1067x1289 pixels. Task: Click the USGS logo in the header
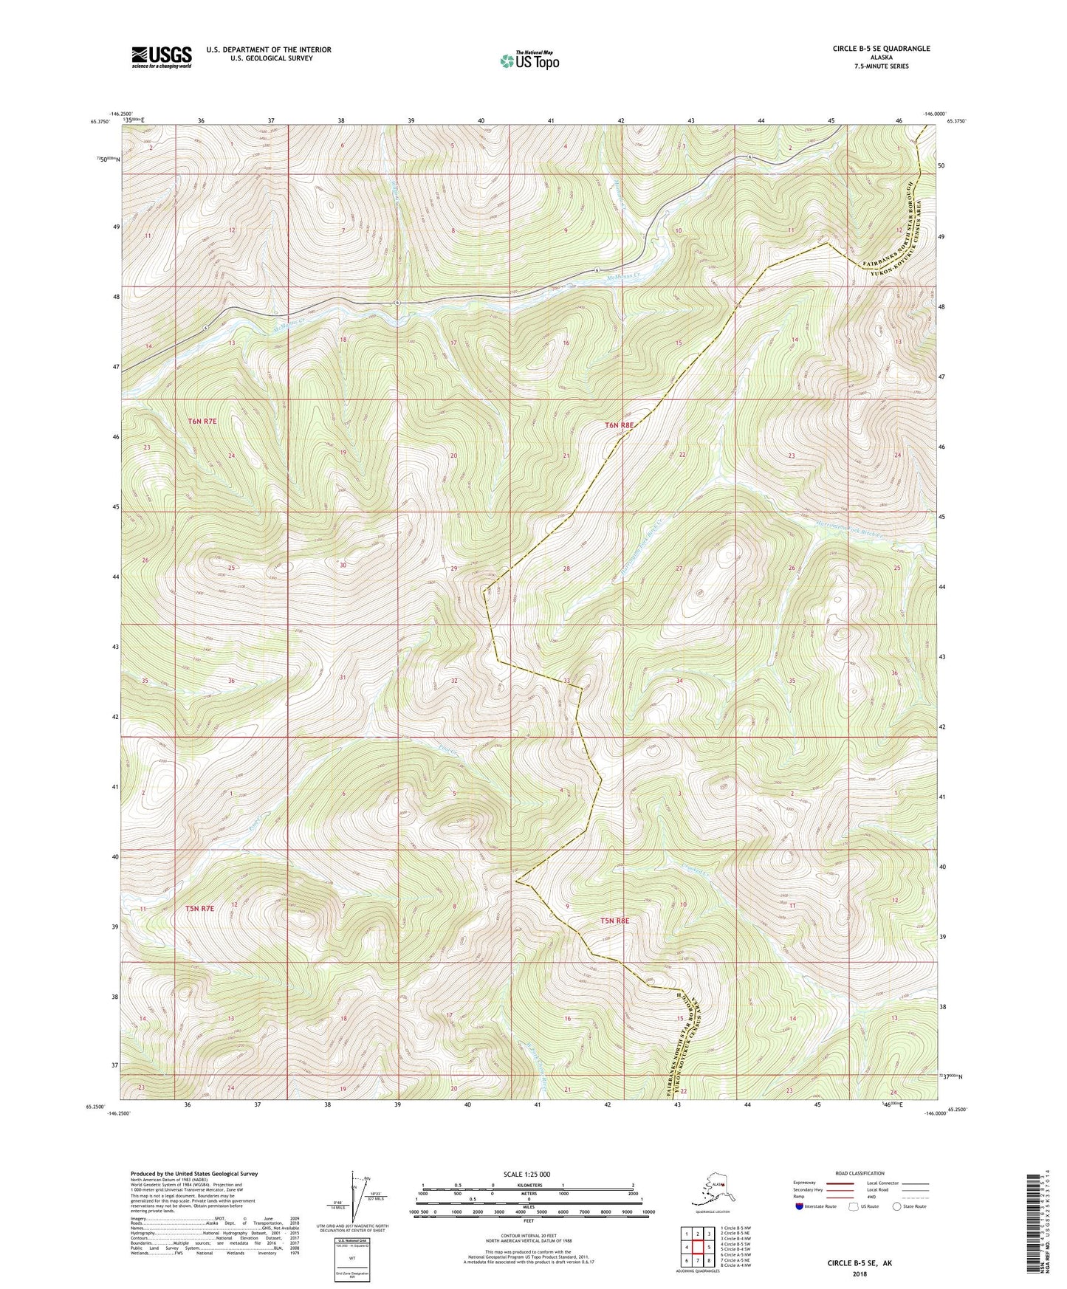161,57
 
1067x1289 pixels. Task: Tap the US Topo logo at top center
528,60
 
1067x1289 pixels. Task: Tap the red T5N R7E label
199,908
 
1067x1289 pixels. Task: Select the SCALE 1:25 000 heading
527,1175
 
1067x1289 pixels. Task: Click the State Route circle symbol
896,1207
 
